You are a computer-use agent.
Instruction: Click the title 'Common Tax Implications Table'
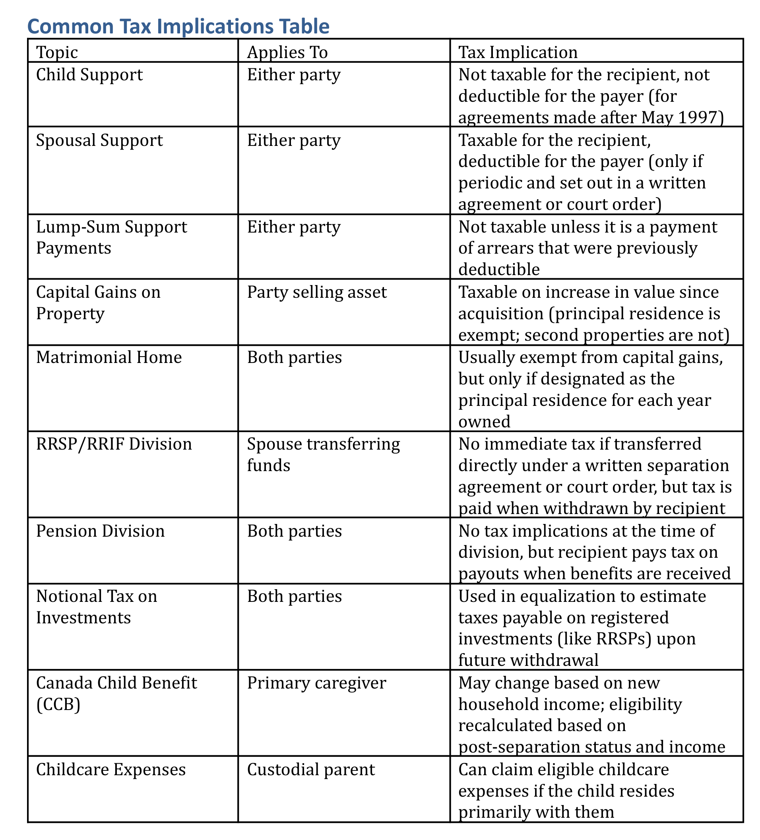[178, 26]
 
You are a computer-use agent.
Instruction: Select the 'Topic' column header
[57, 52]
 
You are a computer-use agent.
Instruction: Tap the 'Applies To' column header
[287, 52]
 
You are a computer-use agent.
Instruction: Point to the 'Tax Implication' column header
[518, 52]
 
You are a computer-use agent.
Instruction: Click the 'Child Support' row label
[89, 75]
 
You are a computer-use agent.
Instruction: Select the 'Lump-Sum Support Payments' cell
[111, 237]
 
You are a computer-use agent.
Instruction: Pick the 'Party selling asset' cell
[317, 292]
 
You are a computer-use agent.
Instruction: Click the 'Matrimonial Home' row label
[109, 357]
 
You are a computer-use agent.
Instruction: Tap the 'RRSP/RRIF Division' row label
[114, 444]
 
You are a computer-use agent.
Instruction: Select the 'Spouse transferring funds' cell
[323, 454]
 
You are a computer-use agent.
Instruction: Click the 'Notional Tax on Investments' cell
[97, 607]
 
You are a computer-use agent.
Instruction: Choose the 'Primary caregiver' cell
[317, 683]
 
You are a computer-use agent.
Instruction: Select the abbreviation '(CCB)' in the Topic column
[58, 704]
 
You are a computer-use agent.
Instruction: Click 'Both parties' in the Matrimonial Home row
[294, 357]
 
